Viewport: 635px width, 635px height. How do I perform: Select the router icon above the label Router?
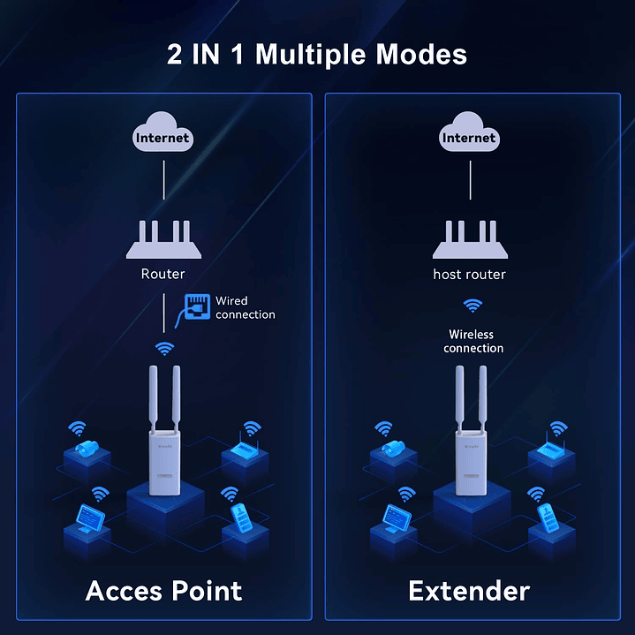point(163,240)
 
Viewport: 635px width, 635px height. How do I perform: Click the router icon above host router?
point(469,240)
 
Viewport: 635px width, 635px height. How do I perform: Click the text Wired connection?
point(245,308)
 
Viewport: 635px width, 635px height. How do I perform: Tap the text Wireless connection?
point(473,341)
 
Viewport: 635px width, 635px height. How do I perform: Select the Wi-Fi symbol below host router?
point(473,306)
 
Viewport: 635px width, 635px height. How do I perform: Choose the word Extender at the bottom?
point(469,590)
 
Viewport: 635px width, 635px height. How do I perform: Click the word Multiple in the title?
point(312,55)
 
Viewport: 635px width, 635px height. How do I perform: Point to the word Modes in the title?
point(421,55)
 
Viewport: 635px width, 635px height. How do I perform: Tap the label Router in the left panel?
point(163,274)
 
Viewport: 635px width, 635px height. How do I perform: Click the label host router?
point(469,274)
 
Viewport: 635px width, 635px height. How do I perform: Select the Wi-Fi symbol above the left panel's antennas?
point(164,348)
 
